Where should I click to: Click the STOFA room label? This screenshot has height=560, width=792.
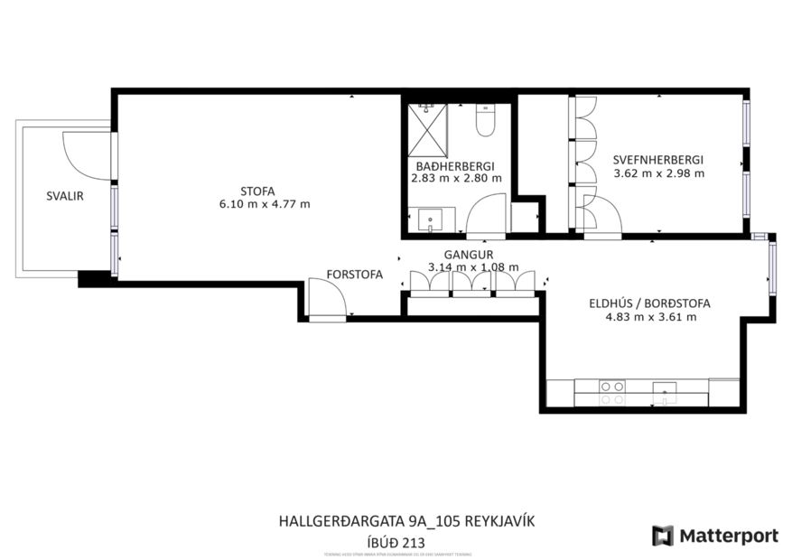257,190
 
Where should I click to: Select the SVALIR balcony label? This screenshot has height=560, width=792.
65,195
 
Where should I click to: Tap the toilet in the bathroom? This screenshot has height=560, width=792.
485,121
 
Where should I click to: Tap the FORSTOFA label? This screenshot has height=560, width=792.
355,274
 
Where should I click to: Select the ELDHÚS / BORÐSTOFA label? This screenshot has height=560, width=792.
649,303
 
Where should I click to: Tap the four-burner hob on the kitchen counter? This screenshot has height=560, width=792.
612,392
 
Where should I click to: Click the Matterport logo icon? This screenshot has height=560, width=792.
663,536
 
